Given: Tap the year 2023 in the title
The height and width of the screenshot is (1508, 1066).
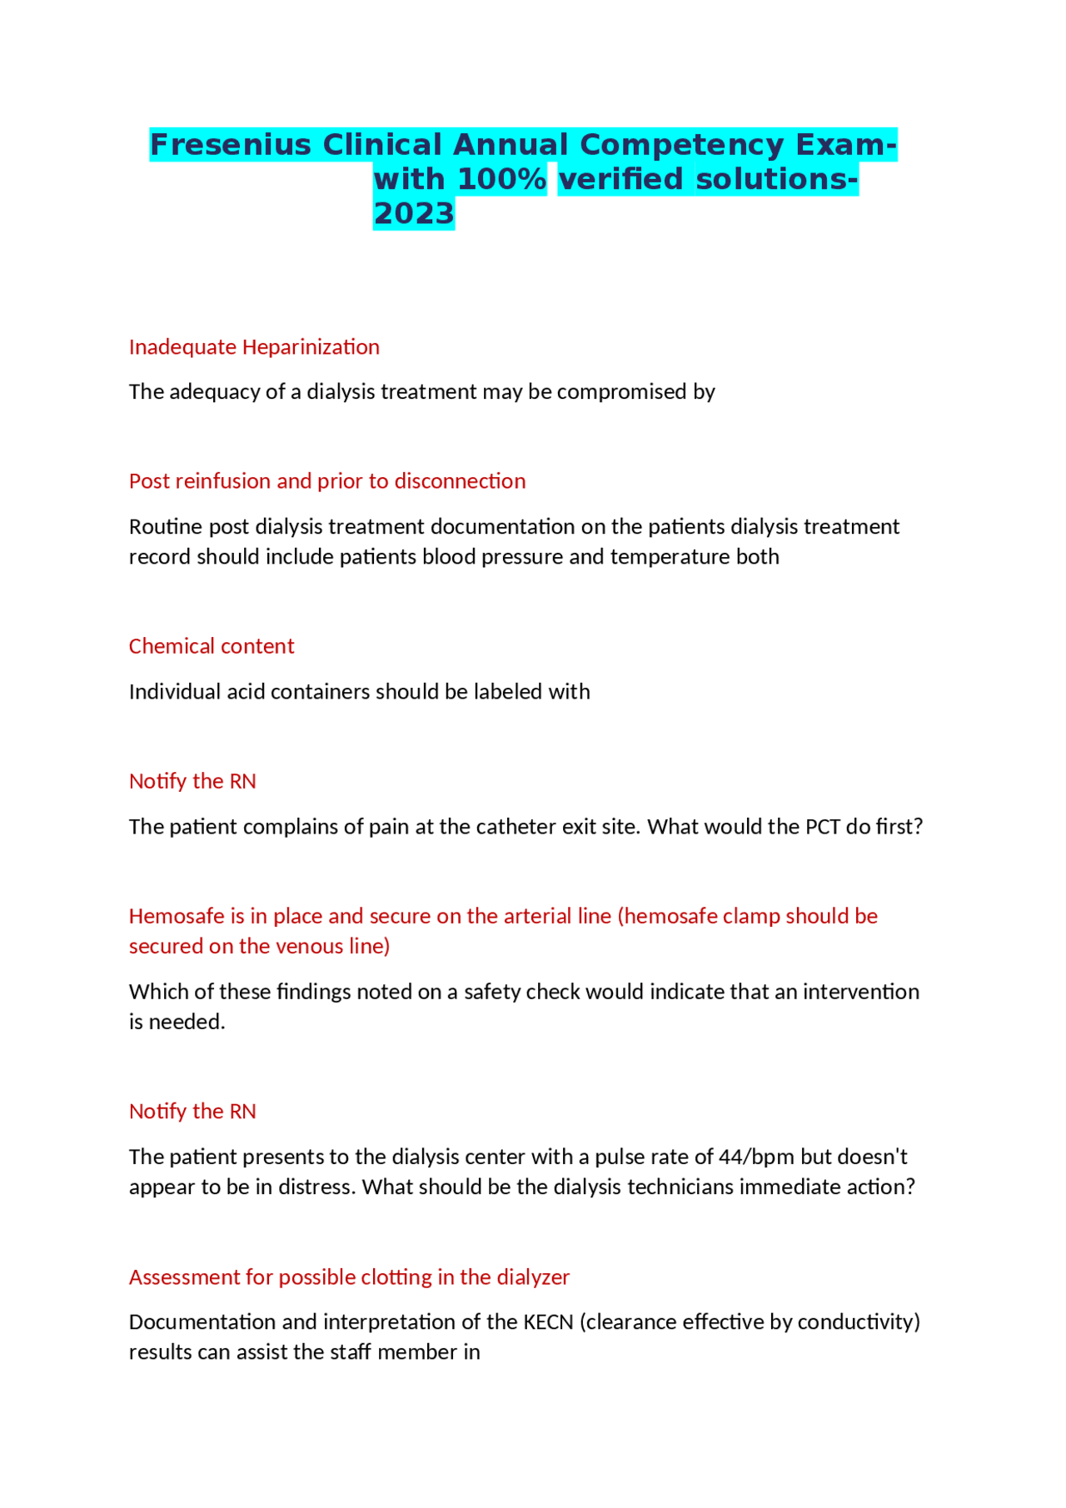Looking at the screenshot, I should click(x=414, y=214).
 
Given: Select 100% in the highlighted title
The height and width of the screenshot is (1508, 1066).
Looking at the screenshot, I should click(x=502, y=179).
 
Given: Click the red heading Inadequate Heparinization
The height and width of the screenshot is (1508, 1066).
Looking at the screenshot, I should click(x=254, y=347).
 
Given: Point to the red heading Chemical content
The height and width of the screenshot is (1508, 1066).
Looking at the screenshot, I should click(x=212, y=646).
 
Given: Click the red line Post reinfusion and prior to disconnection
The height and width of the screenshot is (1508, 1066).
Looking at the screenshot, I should click(x=327, y=481).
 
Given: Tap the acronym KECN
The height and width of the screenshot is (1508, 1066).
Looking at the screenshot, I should click(x=548, y=1322).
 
